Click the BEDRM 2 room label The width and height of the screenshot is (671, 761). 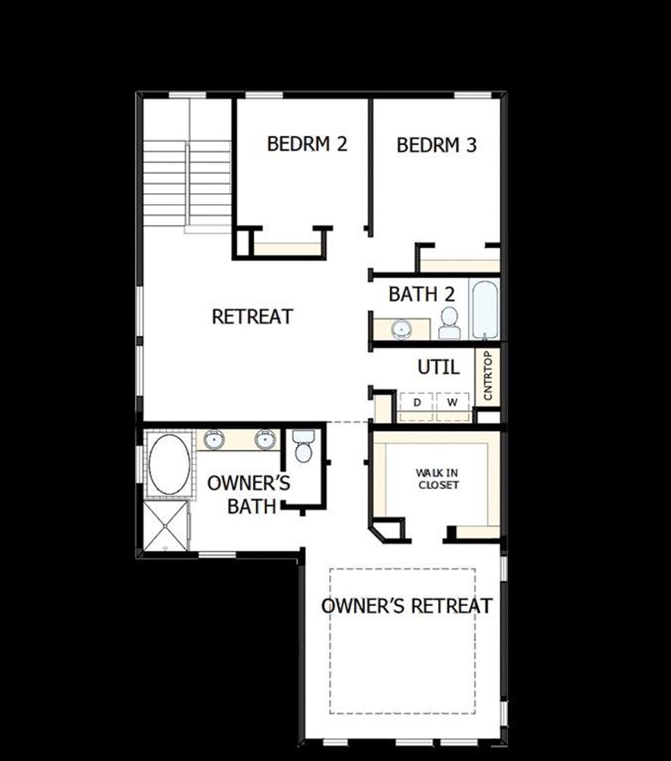(307, 144)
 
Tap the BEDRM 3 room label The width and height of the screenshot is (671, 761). (436, 145)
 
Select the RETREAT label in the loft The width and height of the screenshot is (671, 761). (252, 317)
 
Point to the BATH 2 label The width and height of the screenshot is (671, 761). (421, 295)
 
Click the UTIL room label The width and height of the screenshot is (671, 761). (438, 367)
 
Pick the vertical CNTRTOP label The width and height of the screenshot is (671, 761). (488, 376)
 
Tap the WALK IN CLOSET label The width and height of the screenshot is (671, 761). (438, 479)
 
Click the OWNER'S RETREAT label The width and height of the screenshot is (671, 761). (406, 606)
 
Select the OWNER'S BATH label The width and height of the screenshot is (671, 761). (249, 495)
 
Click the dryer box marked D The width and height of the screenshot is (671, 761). (417, 403)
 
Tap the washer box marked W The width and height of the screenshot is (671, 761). (452, 403)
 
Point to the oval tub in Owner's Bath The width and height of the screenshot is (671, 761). (169, 464)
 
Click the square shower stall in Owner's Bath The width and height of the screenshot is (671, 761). (165, 526)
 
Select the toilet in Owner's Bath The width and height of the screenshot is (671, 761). (303, 447)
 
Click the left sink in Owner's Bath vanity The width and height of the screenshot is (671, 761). (214, 439)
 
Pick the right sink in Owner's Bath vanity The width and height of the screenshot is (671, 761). (265, 439)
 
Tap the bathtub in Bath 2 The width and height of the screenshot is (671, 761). (485, 309)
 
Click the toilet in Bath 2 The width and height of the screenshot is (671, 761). (449, 324)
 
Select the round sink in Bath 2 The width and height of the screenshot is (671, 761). (402, 330)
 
